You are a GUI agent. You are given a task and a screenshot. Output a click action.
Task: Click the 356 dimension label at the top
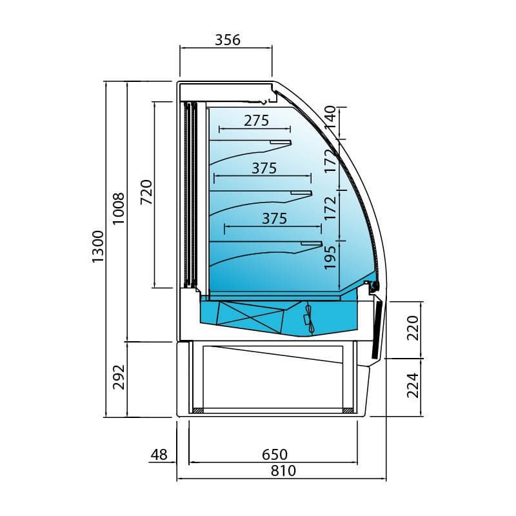point(228,40)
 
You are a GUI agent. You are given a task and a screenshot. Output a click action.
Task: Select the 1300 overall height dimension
point(98,247)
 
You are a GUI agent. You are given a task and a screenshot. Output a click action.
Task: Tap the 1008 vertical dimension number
point(119,208)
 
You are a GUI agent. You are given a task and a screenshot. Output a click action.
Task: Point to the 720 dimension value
point(146,192)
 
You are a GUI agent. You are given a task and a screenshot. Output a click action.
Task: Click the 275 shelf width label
point(256,121)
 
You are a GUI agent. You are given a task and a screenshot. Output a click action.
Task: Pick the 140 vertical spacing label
point(330,117)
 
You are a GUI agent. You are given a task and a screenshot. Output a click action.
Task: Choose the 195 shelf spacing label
point(330,257)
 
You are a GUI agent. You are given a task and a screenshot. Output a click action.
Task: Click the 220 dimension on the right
point(413,328)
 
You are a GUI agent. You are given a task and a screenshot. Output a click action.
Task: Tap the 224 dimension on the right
point(413,385)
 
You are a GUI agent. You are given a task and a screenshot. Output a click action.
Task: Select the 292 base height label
point(119,377)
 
